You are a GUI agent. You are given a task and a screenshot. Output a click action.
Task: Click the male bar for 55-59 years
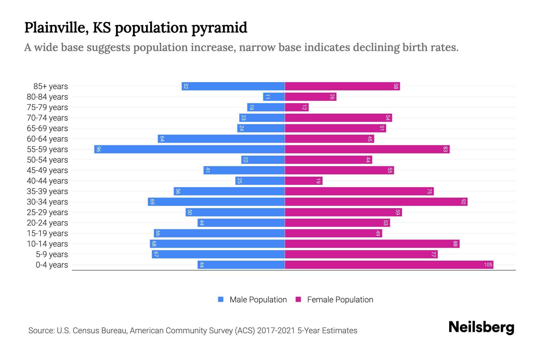pyautogui.click(x=189, y=149)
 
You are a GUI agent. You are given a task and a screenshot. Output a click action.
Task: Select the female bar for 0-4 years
pyautogui.click(x=389, y=265)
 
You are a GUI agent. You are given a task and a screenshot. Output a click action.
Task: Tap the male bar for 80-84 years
pyautogui.click(x=274, y=97)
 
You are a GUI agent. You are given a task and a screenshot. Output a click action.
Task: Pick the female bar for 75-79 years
pyautogui.click(x=297, y=107)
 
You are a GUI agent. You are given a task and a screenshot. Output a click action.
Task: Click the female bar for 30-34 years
pyautogui.click(x=376, y=202)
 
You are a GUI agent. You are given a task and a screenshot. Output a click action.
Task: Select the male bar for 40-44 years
pyautogui.click(x=260, y=181)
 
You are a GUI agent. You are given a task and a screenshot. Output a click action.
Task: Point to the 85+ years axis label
pyautogui.click(x=51, y=86)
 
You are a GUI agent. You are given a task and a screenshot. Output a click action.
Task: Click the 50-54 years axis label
pyautogui.click(x=47, y=160)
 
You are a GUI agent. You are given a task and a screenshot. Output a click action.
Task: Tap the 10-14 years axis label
pyautogui.click(x=47, y=244)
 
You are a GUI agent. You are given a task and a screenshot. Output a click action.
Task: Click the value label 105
pyautogui.click(x=488, y=265)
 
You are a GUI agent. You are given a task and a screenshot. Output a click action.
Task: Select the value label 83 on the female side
pyautogui.click(x=445, y=149)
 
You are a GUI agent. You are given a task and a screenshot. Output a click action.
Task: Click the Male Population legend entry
pyautogui.click(x=258, y=299)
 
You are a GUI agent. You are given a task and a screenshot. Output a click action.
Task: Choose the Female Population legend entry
pyautogui.click(x=340, y=299)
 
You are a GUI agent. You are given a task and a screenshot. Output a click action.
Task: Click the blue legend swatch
pyautogui.click(x=221, y=299)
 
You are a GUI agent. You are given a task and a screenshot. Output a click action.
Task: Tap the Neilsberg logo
pyautogui.click(x=481, y=327)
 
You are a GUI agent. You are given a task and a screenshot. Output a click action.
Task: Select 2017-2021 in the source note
pyautogui.click(x=276, y=331)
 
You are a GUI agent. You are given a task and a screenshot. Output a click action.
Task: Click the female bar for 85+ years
pyautogui.click(x=342, y=86)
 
